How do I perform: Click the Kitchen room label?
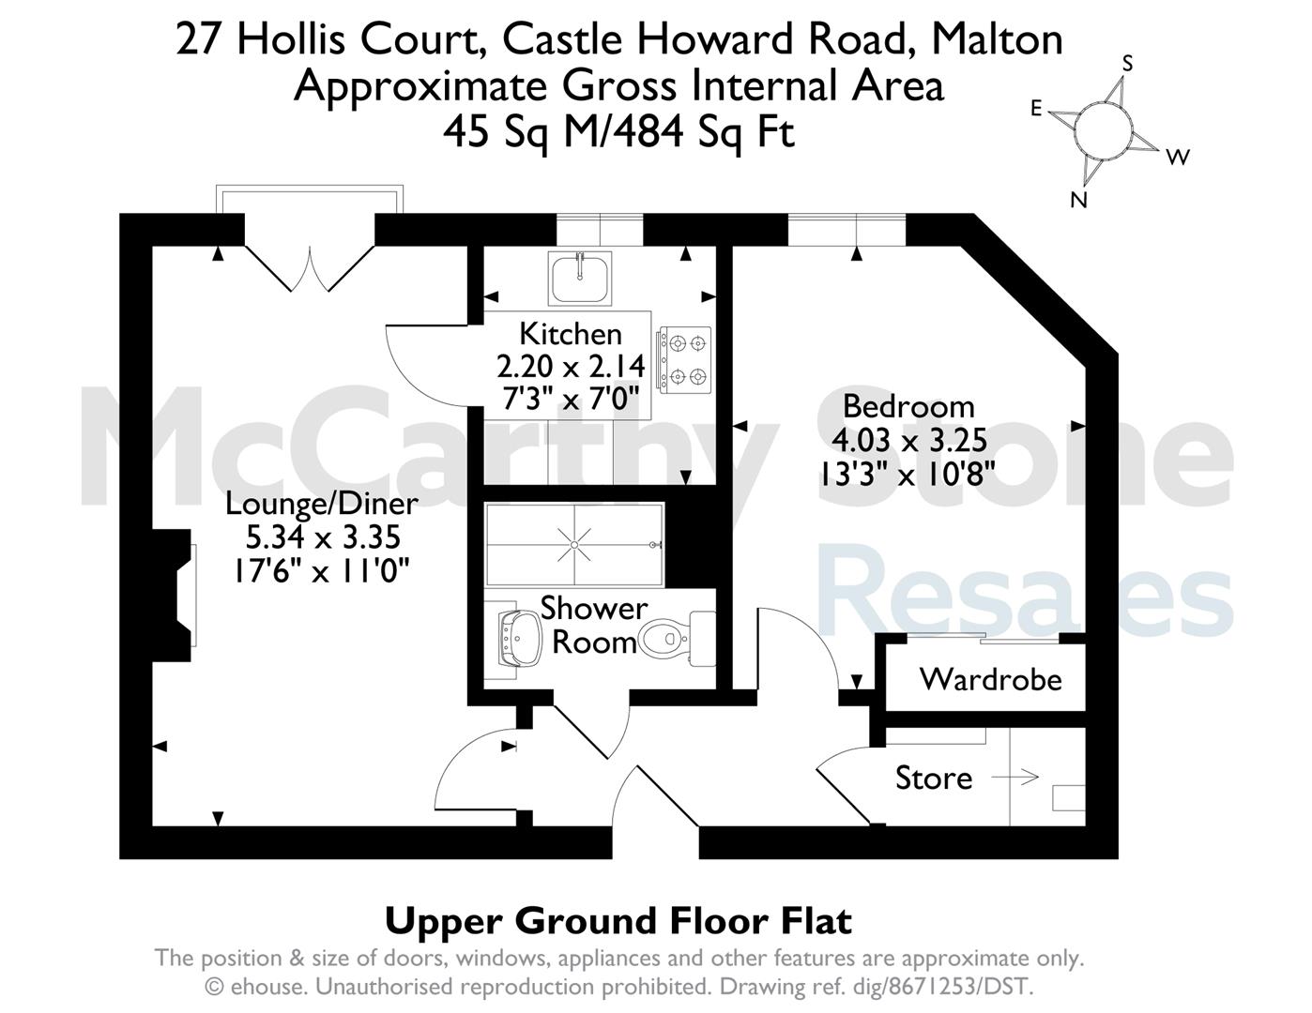[x=570, y=334]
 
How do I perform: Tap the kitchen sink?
[x=580, y=278]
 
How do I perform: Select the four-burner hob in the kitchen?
[x=685, y=360]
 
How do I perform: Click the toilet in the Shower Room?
[x=677, y=639]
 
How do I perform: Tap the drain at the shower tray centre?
[x=574, y=545]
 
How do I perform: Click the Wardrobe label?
[x=991, y=680]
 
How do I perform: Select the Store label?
[x=934, y=778]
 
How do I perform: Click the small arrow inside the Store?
[x=1015, y=778]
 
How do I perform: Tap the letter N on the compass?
[x=1078, y=199]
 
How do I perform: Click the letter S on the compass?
[x=1126, y=64]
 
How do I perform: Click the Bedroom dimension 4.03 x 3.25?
[x=908, y=440]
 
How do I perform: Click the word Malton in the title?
[x=997, y=39]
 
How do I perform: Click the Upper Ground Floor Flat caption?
[x=618, y=921]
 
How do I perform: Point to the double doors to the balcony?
[x=310, y=268]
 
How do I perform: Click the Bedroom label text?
[x=908, y=406]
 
